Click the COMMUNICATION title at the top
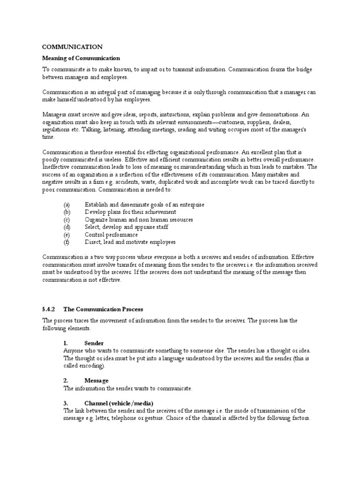[72, 47]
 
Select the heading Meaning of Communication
[81, 58]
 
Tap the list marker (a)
[67, 205]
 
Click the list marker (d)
[67, 227]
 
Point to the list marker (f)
[67, 242]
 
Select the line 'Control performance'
[111, 235]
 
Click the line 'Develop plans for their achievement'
[130, 212]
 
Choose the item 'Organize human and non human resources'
[139, 220]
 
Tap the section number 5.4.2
[49, 309]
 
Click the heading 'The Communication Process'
[103, 309]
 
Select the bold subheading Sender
[94, 343]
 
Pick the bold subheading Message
[97, 381]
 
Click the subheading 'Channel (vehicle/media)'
[119, 403]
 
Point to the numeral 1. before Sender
[66, 343]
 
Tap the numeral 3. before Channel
[66, 403]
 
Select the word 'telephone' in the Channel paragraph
[126, 418]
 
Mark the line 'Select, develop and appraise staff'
[127, 227]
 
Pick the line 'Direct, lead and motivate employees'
[130, 242]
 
